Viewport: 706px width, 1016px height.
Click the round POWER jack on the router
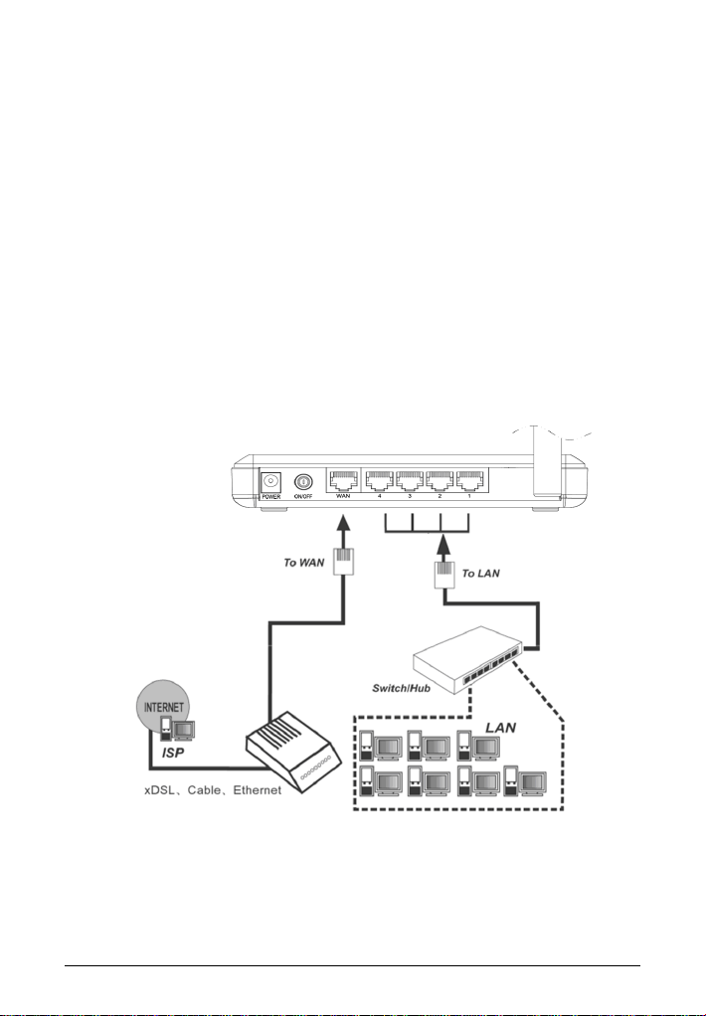(269, 482)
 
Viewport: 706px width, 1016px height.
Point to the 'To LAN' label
(483, 575)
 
